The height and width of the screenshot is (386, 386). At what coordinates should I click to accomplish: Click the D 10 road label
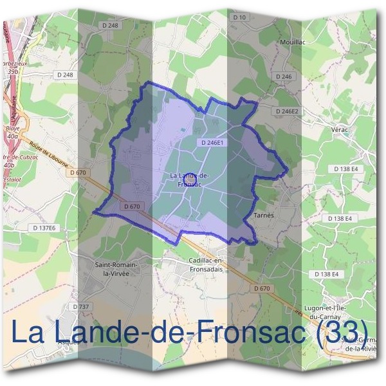(239, 17)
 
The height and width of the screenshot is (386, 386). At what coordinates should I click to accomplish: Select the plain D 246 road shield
(284, 77)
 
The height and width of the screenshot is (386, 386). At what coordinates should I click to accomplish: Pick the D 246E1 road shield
(212, 143)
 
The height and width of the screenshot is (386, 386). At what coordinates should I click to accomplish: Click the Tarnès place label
(264, 216)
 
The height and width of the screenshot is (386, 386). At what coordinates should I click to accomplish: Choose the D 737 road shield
(81, 306)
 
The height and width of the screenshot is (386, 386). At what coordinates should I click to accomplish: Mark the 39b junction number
(12, 72)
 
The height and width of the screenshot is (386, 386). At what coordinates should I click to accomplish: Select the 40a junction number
(12, 136)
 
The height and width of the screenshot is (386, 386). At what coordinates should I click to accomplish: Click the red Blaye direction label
(11, 128)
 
